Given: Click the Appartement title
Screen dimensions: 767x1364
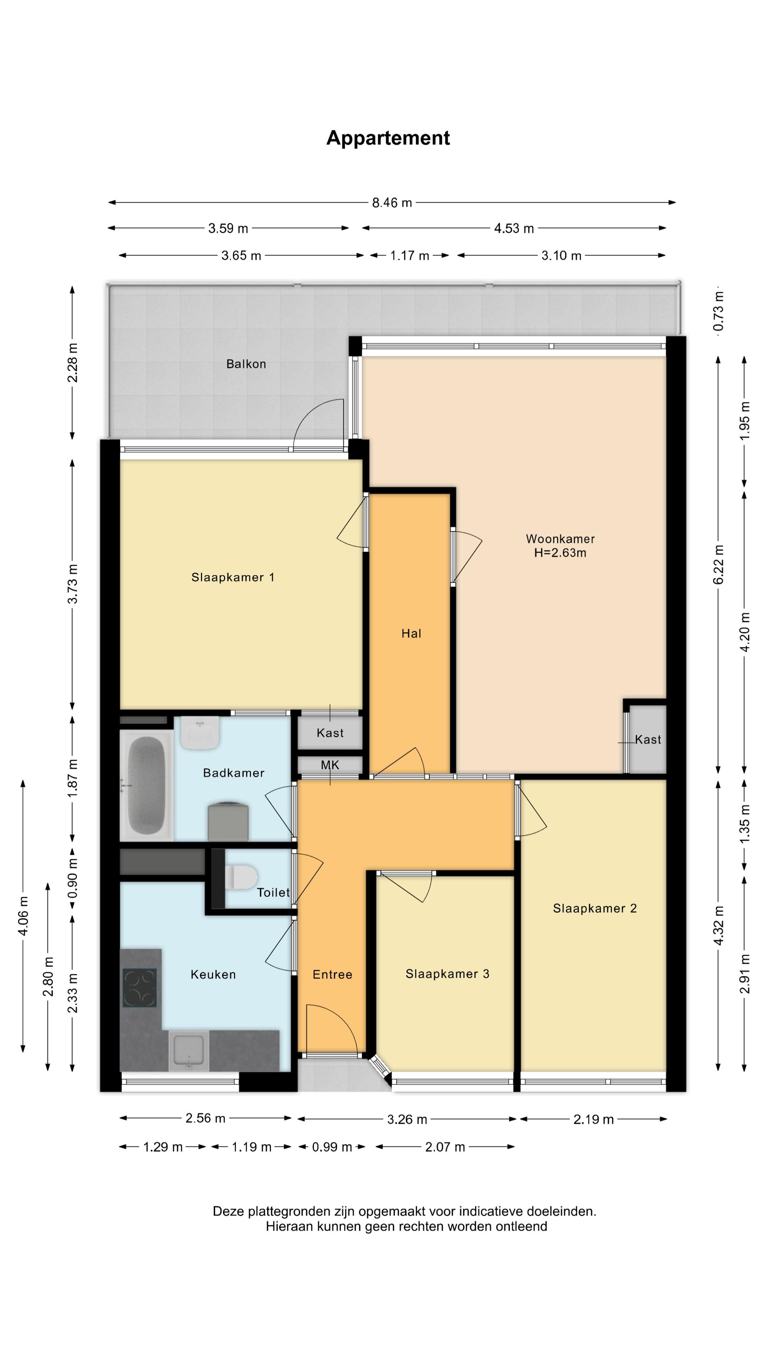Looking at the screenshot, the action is tap(388, 138).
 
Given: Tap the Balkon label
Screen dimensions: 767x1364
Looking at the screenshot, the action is tap(246, 364).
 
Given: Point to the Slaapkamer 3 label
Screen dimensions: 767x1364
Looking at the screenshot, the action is tap(447, 974).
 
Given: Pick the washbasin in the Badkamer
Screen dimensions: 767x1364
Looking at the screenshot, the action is tap(200, 733).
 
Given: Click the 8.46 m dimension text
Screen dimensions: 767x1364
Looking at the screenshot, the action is tap(392, 203).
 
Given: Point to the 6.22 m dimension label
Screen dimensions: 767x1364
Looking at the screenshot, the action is tap(718, 564).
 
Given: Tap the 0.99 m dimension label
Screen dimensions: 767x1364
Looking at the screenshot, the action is tap(332, 1147).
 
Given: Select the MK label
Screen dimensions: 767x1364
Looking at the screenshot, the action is tap(330, 765).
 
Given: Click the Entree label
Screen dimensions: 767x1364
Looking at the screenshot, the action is tap(332, 974).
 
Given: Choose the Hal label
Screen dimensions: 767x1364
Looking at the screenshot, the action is tap(411, 633).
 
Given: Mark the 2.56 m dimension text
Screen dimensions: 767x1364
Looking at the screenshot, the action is tap(205, 1118).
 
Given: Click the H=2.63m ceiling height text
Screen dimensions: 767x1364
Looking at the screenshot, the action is tap(560, 553).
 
